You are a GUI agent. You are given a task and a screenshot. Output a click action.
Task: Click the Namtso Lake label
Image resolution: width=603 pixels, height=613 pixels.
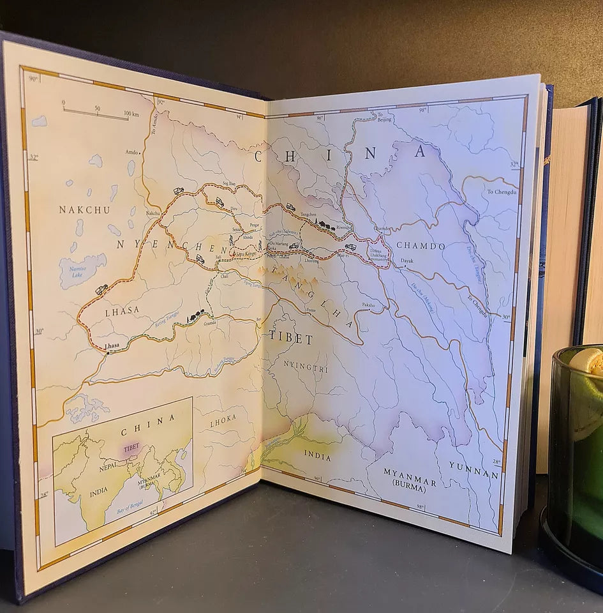[72, 274]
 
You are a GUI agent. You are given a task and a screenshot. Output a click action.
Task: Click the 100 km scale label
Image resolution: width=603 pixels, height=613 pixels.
[131, 114]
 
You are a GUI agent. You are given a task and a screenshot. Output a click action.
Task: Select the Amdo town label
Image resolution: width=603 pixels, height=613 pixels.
[131, 153]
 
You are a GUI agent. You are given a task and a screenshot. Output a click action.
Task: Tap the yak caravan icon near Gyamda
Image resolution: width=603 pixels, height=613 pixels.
[195, 315]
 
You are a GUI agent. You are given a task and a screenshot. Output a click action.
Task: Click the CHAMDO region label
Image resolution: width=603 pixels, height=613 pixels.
[421, 245]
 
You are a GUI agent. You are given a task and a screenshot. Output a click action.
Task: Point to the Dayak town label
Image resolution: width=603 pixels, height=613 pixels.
[406, 261]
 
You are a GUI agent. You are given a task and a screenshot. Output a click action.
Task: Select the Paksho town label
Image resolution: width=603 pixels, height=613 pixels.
[369, 305]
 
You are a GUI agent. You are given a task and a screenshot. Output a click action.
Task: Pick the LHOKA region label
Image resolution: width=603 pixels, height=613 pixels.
[223, 418]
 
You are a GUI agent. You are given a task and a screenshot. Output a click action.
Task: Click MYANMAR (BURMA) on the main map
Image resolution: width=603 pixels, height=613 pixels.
[410, 476]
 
